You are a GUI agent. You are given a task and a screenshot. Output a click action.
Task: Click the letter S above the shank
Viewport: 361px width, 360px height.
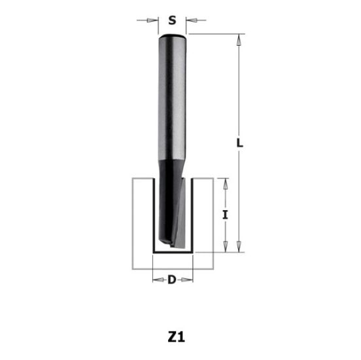point(173,20)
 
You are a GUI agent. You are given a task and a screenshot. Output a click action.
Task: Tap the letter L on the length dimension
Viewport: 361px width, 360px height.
point(240,141)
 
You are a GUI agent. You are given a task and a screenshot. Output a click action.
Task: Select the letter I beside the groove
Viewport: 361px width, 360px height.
point(224,214)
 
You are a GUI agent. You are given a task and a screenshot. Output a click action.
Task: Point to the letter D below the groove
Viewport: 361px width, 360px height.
point(172,281)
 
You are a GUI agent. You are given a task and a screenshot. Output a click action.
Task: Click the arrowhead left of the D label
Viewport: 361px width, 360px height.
point(156,281)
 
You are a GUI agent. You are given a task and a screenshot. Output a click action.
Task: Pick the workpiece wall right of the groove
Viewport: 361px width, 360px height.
point(205,223)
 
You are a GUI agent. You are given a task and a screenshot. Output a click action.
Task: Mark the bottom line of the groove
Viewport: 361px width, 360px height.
point(173,253)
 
